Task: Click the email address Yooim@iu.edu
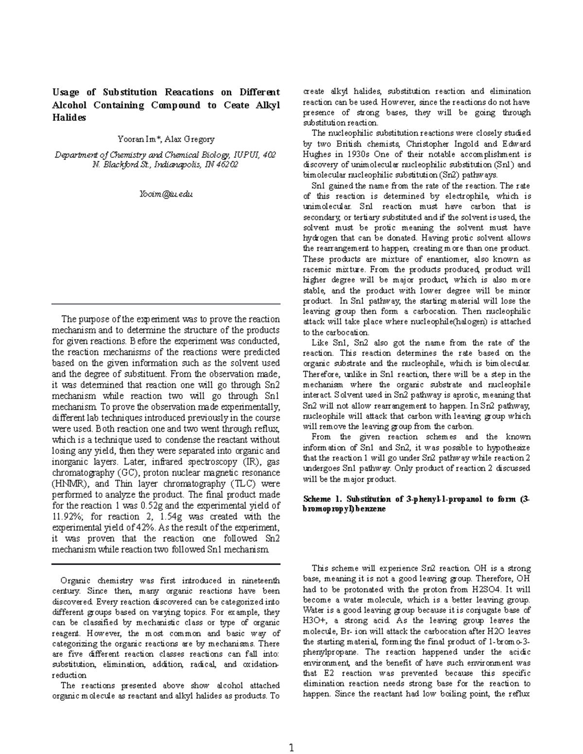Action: (x=166, y=194)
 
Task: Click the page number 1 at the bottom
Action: (x=291, y=735)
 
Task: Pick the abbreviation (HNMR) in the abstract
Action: (x=67, y=484)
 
